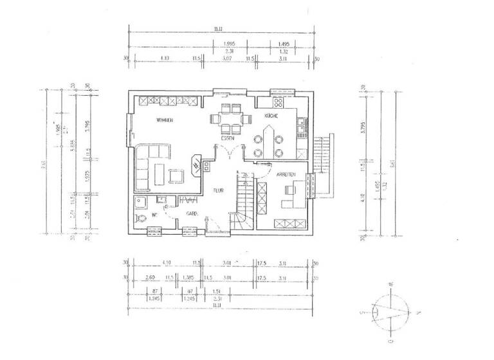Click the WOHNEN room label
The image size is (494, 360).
pyautogui.click(x=165, y=120)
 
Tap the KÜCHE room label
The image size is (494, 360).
pyautogui.click(x=271, y=116)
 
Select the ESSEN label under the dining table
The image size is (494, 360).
pyautogui.click(x=228, y=138)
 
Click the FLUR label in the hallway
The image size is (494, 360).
pyautogui.click(x=219, y=190)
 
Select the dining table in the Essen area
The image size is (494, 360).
pyautogui.click(x=228, y=118)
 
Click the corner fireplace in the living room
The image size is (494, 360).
pyautogui.click(x=196, y=165)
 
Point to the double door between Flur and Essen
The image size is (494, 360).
pyautogui.click(x=228, y=152)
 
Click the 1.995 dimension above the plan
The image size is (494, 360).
pyautogui.click(x=228, y=44)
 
